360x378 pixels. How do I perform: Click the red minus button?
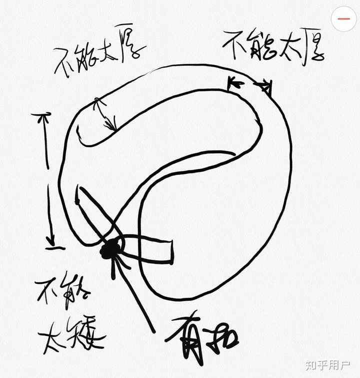click(x=344, y=19)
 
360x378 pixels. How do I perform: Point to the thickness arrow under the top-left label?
click(x=105, y=114)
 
